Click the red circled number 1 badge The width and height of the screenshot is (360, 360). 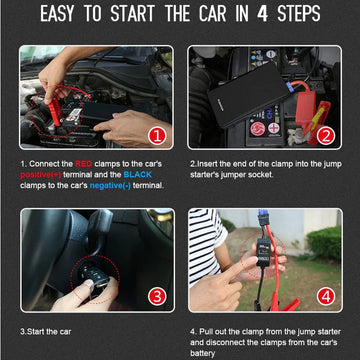coord(157,136)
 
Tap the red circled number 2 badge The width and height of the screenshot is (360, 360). coord(326,136)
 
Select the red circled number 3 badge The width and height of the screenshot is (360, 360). coord(158,296)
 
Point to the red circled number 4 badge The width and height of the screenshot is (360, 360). coord(326,296)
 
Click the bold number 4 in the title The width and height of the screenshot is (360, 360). coord(262,14)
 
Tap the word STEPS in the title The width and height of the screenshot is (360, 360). coord(299,14)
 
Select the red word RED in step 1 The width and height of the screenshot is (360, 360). coord(84,164)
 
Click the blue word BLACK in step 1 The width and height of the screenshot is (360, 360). coord(137,174)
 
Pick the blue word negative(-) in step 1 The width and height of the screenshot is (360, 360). coord(110,185)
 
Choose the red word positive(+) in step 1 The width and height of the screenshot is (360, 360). coord(41,175)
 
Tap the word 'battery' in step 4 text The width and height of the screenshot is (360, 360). coord(203,353)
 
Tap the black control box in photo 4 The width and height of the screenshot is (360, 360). coord(263,251)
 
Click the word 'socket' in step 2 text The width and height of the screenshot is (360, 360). coord(262,175)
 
